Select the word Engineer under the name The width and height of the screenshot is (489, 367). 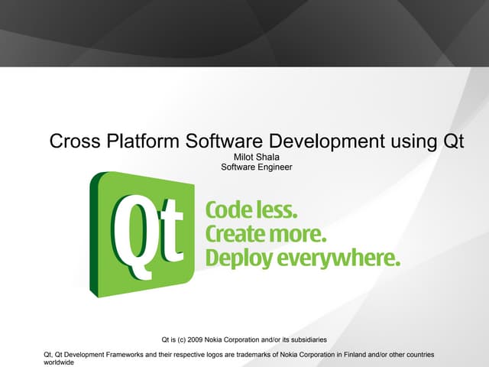click(274, 167)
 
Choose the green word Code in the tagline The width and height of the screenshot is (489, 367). click(229, 210)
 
